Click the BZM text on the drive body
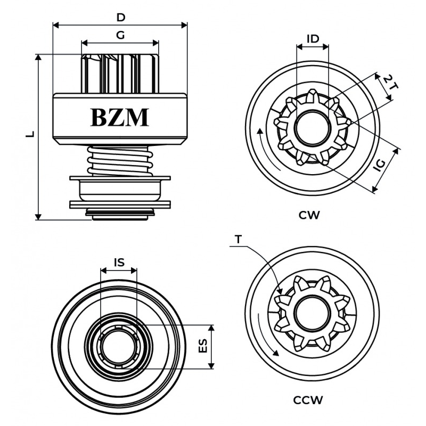click(120, 117)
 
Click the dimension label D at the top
click(121, 17)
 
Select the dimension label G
click(120, 36)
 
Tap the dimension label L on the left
click(31, 134)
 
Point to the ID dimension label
click(313, 38)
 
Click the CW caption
click(309, 215)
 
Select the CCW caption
click(308, 400)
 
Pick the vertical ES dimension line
click(212, 346)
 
